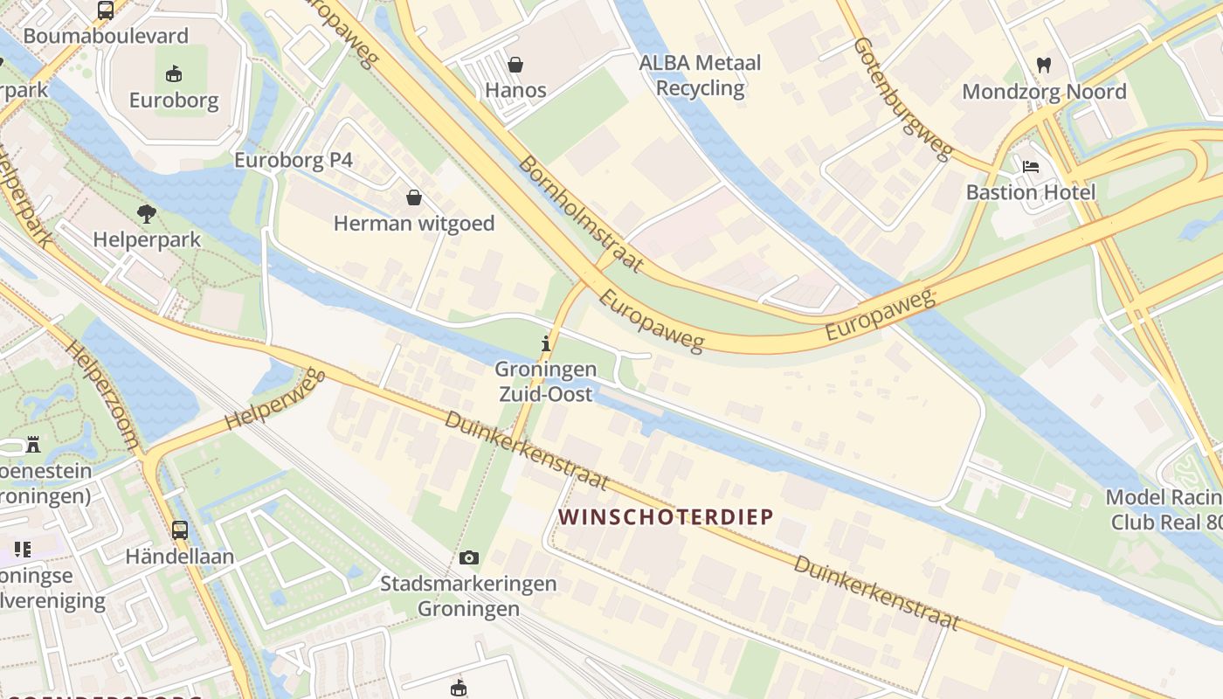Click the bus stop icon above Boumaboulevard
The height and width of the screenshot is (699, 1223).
coord(106,10)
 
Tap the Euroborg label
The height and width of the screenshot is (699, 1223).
coord(174,100)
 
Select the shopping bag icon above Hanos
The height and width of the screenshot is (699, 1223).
coord(515,65)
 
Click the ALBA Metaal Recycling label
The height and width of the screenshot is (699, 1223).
coord(700,75)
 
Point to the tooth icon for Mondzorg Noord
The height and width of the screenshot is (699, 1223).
coord(1043,65)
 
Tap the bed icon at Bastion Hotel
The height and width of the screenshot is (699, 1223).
coord(1031,167)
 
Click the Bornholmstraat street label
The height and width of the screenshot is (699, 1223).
coord(580,213)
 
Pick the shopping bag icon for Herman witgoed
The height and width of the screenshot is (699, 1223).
coord(413,198)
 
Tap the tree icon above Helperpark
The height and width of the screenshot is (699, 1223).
coord(147,213)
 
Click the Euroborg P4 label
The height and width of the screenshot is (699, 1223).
coord(294,160)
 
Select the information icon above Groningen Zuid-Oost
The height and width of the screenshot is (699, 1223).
coord(546,344)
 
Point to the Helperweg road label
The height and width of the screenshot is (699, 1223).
coord(274,399)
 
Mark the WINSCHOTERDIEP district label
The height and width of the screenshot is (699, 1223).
coord(666,516)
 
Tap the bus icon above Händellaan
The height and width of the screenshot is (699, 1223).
coord(179,529)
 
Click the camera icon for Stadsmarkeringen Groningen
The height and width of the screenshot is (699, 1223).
coord(469,557)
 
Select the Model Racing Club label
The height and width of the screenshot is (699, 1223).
coord(1164,509)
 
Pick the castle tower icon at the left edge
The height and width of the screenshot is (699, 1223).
coord(33,445)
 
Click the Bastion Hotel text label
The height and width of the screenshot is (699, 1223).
coord(1030,192)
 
